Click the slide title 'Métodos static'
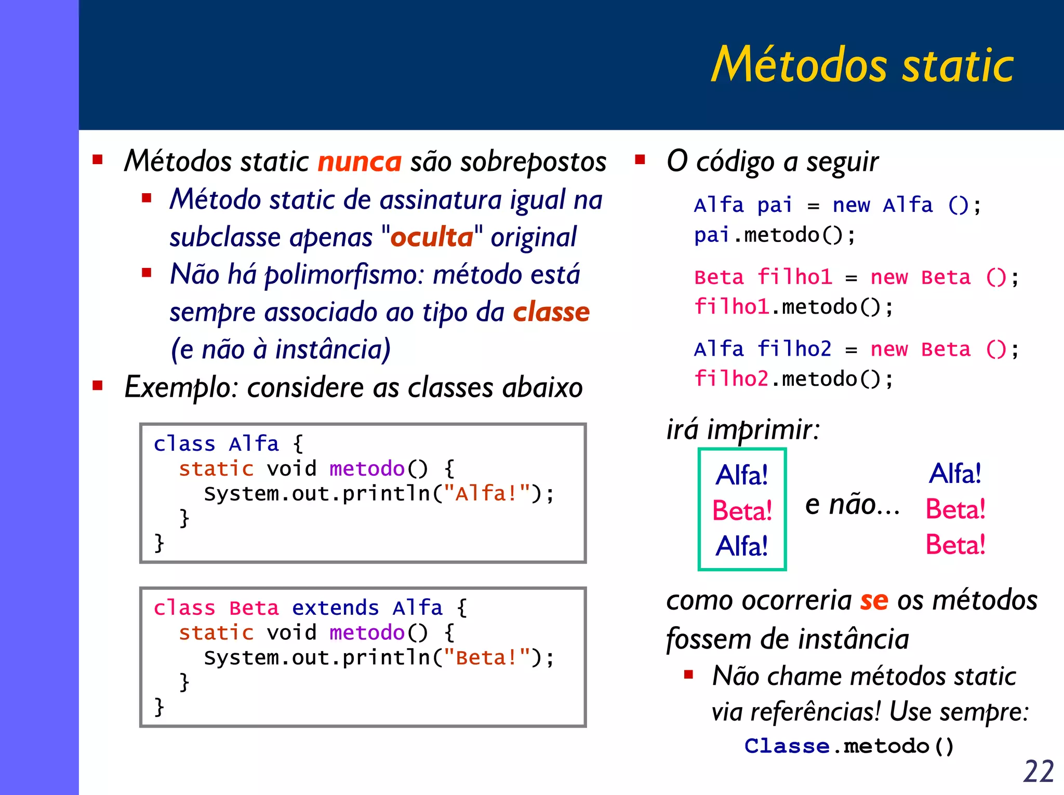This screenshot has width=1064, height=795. point(862,65)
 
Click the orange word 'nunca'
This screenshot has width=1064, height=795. point(360,161)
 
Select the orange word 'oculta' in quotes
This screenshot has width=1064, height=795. point(431,237)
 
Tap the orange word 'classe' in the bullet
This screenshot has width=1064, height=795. point(551,312)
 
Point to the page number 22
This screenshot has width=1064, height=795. point(1038,771)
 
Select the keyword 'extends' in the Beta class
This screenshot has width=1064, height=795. point(335,608)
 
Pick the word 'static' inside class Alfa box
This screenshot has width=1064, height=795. point(216,469)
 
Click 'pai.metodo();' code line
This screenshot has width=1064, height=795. point(774,235)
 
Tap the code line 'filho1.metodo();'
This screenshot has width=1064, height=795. point(793,307)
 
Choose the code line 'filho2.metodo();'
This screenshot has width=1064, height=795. point(793,379)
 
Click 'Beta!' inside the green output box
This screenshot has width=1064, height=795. point(742,510)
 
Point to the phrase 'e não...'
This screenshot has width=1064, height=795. point(852,505)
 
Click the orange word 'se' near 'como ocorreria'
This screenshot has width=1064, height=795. point(874,600)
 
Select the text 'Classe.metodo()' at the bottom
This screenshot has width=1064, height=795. point(849,746)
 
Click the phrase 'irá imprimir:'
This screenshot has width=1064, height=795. point(743,429)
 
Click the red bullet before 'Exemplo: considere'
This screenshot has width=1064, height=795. point(97,386)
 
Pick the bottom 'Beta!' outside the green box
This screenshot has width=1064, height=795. point(955,545)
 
